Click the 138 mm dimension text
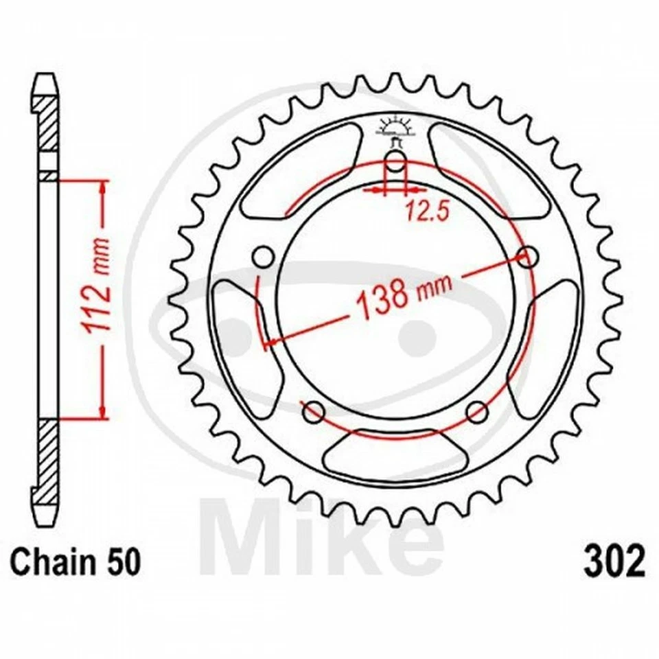tap(404, 294)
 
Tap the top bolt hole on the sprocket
tap(395, 161)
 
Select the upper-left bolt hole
tap(264, 257)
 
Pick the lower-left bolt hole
tap(314, 412)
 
